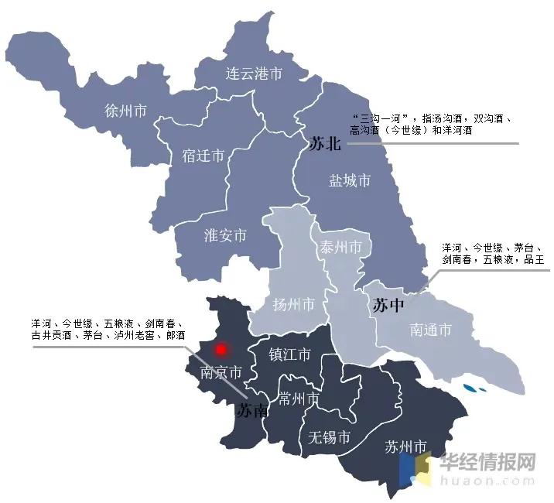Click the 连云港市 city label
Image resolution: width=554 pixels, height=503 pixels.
tap(254, 74)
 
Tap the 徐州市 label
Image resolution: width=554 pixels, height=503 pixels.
tap(125, 110)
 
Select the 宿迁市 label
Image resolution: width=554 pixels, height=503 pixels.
tap(203, 156)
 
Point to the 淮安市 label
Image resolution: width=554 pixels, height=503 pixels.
tap(225, 235)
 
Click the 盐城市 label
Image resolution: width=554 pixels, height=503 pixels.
tap(350, 181)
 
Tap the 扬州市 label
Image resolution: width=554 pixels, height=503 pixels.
tap(294, 304)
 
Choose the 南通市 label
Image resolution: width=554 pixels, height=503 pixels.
tap(430, 330)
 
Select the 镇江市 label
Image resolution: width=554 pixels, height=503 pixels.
tap(289, 354)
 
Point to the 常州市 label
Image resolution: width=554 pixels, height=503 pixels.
tap(299, 399)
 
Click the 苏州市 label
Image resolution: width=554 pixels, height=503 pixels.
tap(405, 447)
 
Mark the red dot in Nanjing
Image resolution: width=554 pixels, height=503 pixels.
tap(223, 350)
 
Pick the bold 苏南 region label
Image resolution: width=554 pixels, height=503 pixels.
tap(253, 410)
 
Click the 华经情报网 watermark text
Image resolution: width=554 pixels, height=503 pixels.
tap(488, 462)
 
